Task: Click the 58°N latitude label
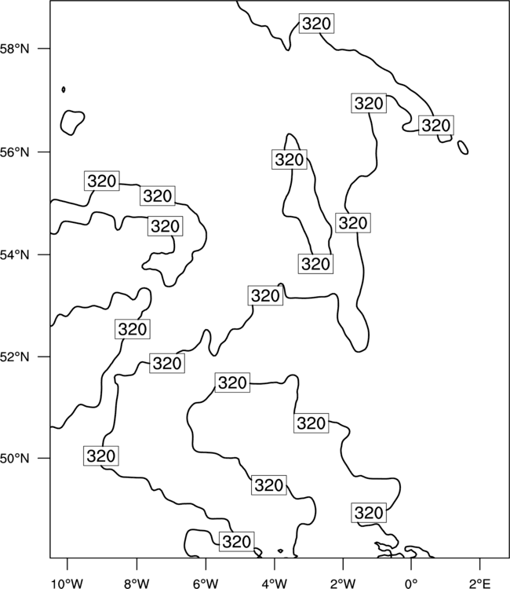[x=14, y=49]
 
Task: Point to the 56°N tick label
[x=14, y=152]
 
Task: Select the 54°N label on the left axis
[x=14, y=255]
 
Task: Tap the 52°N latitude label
[x=14, y=357]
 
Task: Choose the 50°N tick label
[x=14, y=459]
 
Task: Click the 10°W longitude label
[x=67, y=584]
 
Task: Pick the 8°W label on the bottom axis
[x=137, y=584]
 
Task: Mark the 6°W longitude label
[x=206, y=584]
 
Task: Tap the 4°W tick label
[x=275, y=584]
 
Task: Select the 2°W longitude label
[x=343, y=584]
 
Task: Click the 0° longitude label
[x=411, y=584]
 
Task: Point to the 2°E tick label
[x=480, y=584]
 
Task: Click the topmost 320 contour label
[x=316, y=24]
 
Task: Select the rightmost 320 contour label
[x=436, y=126]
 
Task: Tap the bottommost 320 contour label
[x=237, y=542]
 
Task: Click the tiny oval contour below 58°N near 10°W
[x=64, y=90]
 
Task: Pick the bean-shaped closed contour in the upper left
[x=72, y=123]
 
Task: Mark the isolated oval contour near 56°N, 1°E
[x=463, y=148]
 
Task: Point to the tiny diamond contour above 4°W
[x=280, y=551]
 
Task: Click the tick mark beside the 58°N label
[x=44, y=49]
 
